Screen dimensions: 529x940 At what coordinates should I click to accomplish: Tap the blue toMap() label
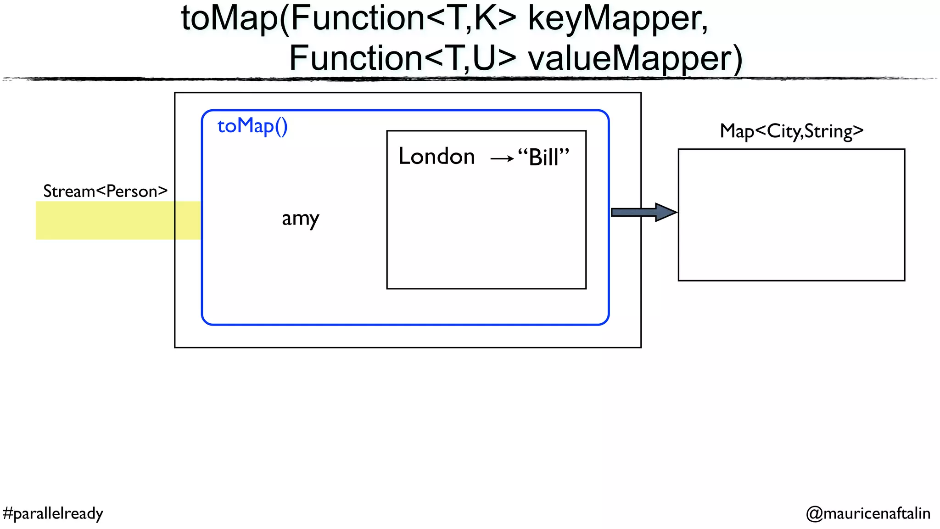(x=252, y=126)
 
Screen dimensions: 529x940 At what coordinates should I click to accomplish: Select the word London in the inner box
(x=436, y=157)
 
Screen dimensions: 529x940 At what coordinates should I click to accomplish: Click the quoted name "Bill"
(x=543, y=158)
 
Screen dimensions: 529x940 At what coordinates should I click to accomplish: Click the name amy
(x=300, y=219)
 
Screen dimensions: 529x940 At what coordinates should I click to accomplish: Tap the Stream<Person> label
(x=105, y=191)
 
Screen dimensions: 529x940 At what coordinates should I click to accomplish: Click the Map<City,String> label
(x=791, y=131)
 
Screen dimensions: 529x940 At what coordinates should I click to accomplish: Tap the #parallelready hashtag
(x=53, y=513)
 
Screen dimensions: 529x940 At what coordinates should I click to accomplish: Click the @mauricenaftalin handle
(x=868, y=513)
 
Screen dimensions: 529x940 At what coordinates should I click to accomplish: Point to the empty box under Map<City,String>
(x=791, y=214)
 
